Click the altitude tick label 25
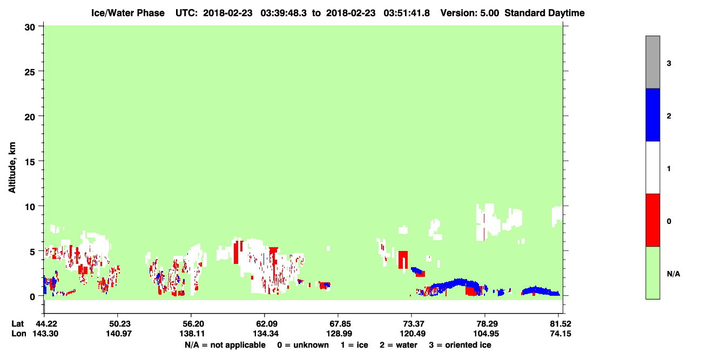(x=30, y=72)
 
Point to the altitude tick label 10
(x=30, y=207)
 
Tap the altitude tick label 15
(x=30, y=162)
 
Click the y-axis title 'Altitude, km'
(x=12, y=168)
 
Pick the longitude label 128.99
(x=339, y=334)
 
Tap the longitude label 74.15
(x=561, y=334)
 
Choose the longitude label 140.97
(x=119, y=334)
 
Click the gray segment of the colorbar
(x=652, y=62)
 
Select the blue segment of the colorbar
(x=652, y=114)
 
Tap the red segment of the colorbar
(x=652, y=220)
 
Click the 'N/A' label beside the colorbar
(x=673, y=274)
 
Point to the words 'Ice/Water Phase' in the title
(x=128, y=13)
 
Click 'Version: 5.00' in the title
(x=470, y=13)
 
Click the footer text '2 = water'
(x=399, y=345)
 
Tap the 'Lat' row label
(x=17, y=324)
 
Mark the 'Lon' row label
(x=19, y=334)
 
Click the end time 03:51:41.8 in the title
(x=407, y=13)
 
